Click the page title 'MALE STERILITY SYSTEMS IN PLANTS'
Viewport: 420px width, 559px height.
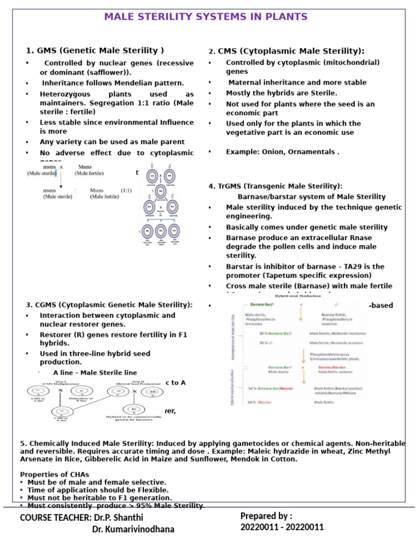206,17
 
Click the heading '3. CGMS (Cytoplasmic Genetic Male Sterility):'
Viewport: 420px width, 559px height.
109,304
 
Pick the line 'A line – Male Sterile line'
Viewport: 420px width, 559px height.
95,372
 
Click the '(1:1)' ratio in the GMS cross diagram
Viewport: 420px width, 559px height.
126,191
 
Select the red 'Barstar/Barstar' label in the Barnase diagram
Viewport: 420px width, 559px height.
333,368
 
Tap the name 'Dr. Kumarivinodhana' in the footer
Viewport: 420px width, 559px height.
133,529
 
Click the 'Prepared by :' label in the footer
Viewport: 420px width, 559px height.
266,516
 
